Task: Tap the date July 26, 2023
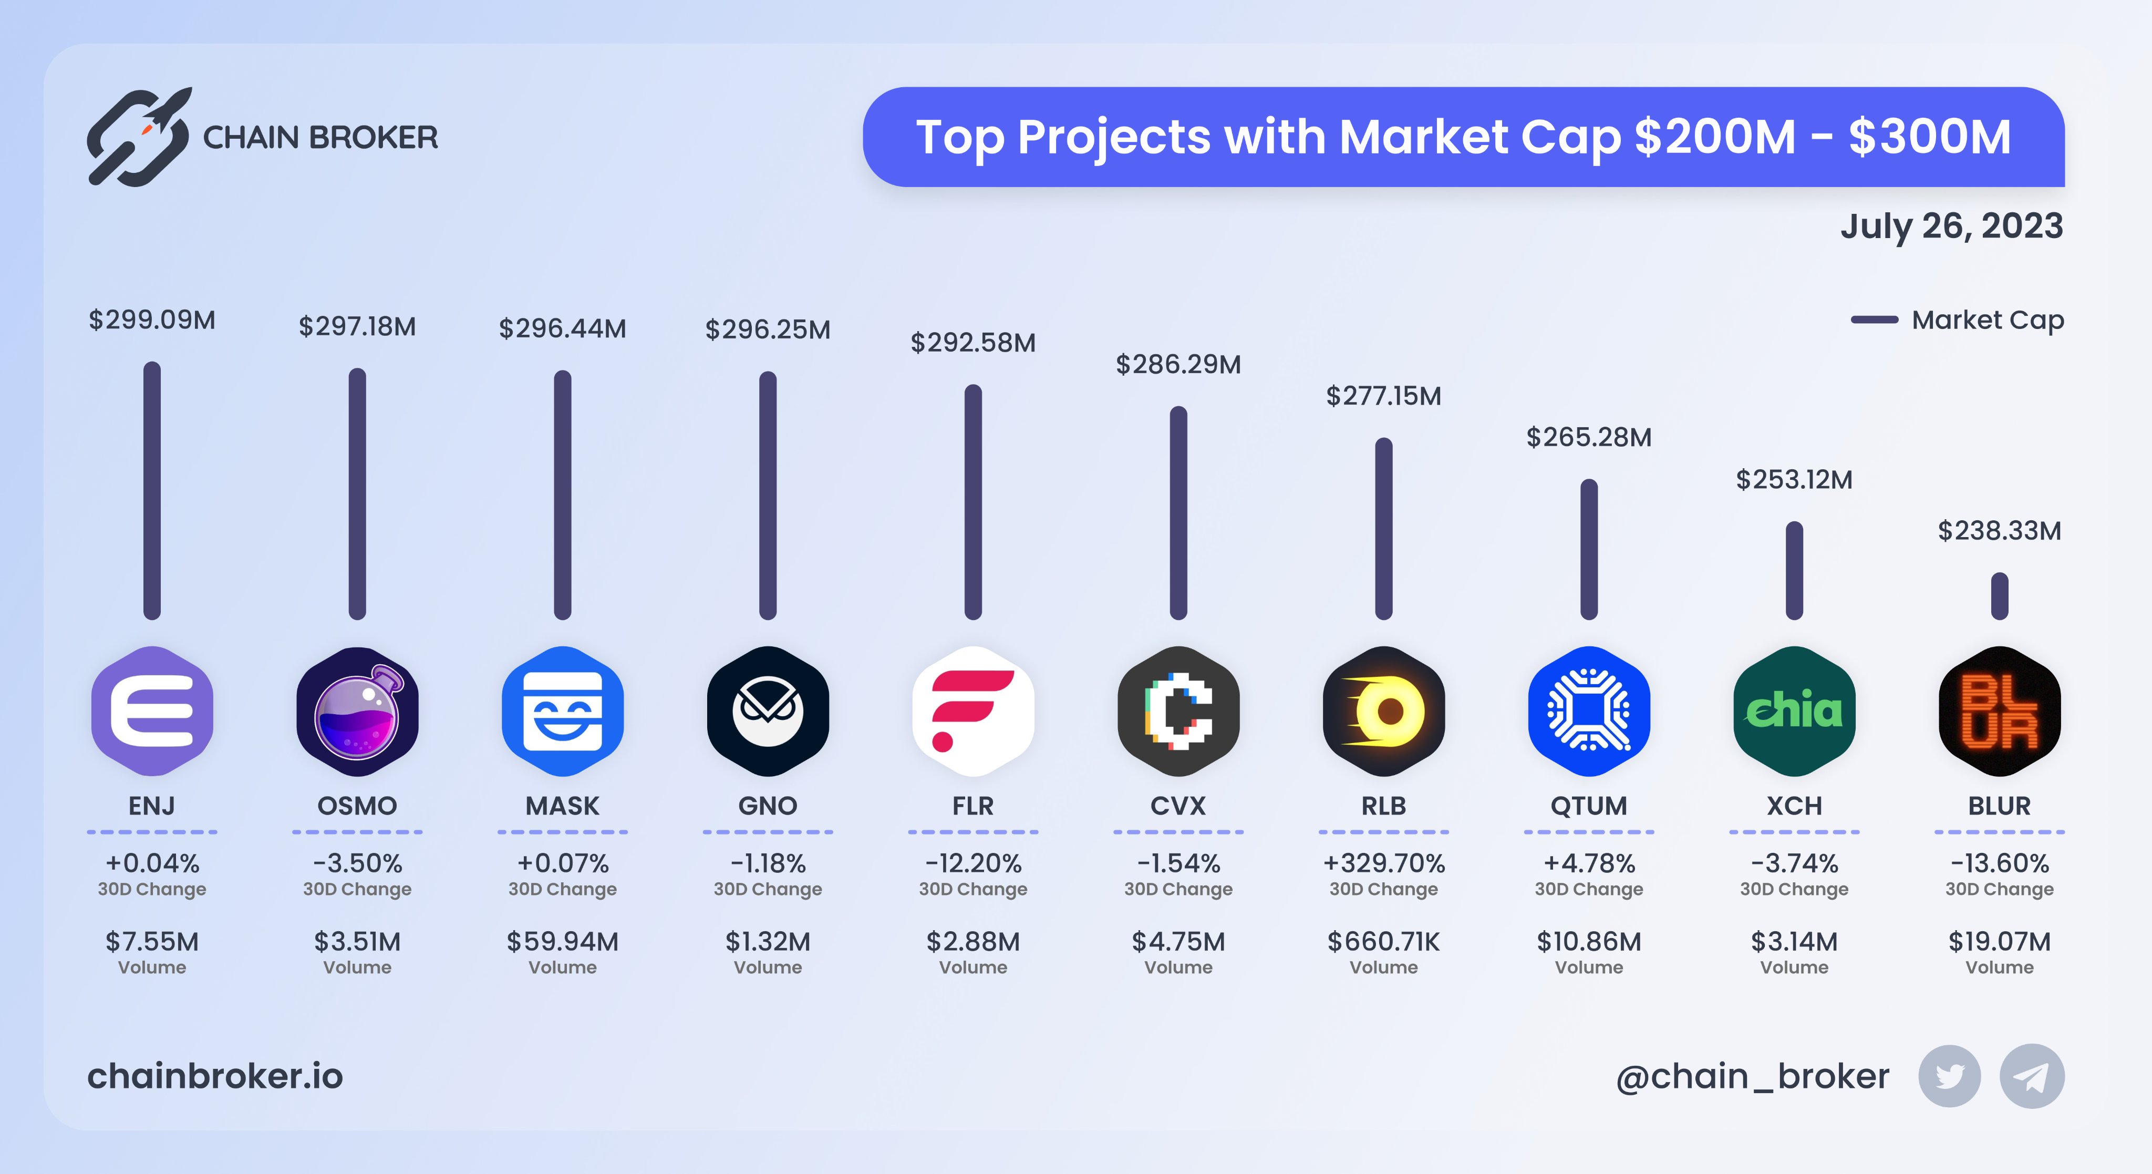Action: click(x=1951, y=226)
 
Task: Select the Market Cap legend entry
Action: click(x=1957, y=320)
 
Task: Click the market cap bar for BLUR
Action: click(x=1999, y=596)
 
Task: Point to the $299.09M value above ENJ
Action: click(x=152, y=320)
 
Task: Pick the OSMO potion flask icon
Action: click(x=358, y=711)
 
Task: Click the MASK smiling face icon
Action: click(x=562, y=711)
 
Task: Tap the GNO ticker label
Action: click(x=768, y=806)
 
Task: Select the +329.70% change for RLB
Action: click(x=1383, y=862)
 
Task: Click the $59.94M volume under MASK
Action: click(x=562, y=942)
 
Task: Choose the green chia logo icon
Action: click(x=1794, y=711)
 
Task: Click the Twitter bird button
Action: click(x=1949, y=1076)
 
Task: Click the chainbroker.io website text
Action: click(x=215, y=1076)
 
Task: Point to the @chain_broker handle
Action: click(x=1752, y=1076)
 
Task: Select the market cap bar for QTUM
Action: click(x=1589, y=549)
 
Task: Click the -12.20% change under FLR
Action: click(x=973, y=862)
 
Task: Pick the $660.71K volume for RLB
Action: click(x=1383, y=942)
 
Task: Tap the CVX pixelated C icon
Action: click(x=1178, y=711)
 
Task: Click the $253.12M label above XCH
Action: click(x=1794, y=480)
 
